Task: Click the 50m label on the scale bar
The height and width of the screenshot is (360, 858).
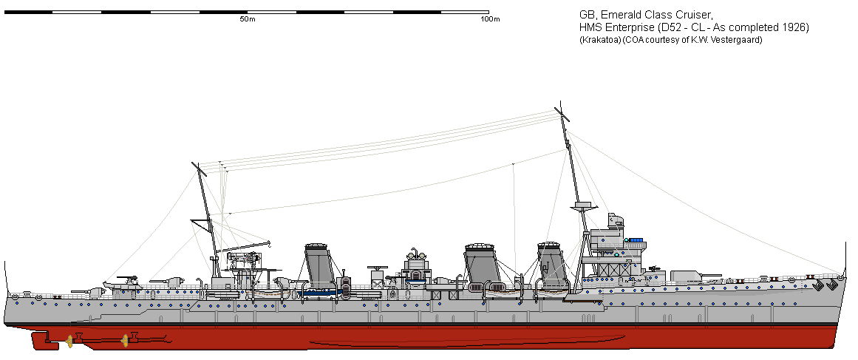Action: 248,19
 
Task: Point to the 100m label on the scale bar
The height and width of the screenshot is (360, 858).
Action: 490,19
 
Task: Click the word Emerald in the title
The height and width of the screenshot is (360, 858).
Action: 619,15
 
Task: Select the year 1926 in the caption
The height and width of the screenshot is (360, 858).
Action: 792,27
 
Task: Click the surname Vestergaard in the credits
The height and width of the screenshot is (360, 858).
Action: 734,40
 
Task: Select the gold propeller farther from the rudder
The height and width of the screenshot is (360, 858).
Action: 125,341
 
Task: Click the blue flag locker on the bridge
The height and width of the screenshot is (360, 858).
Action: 635,240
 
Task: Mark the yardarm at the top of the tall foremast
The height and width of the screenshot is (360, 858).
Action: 564,115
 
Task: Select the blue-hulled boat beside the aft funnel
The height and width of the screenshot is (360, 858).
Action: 321,291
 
